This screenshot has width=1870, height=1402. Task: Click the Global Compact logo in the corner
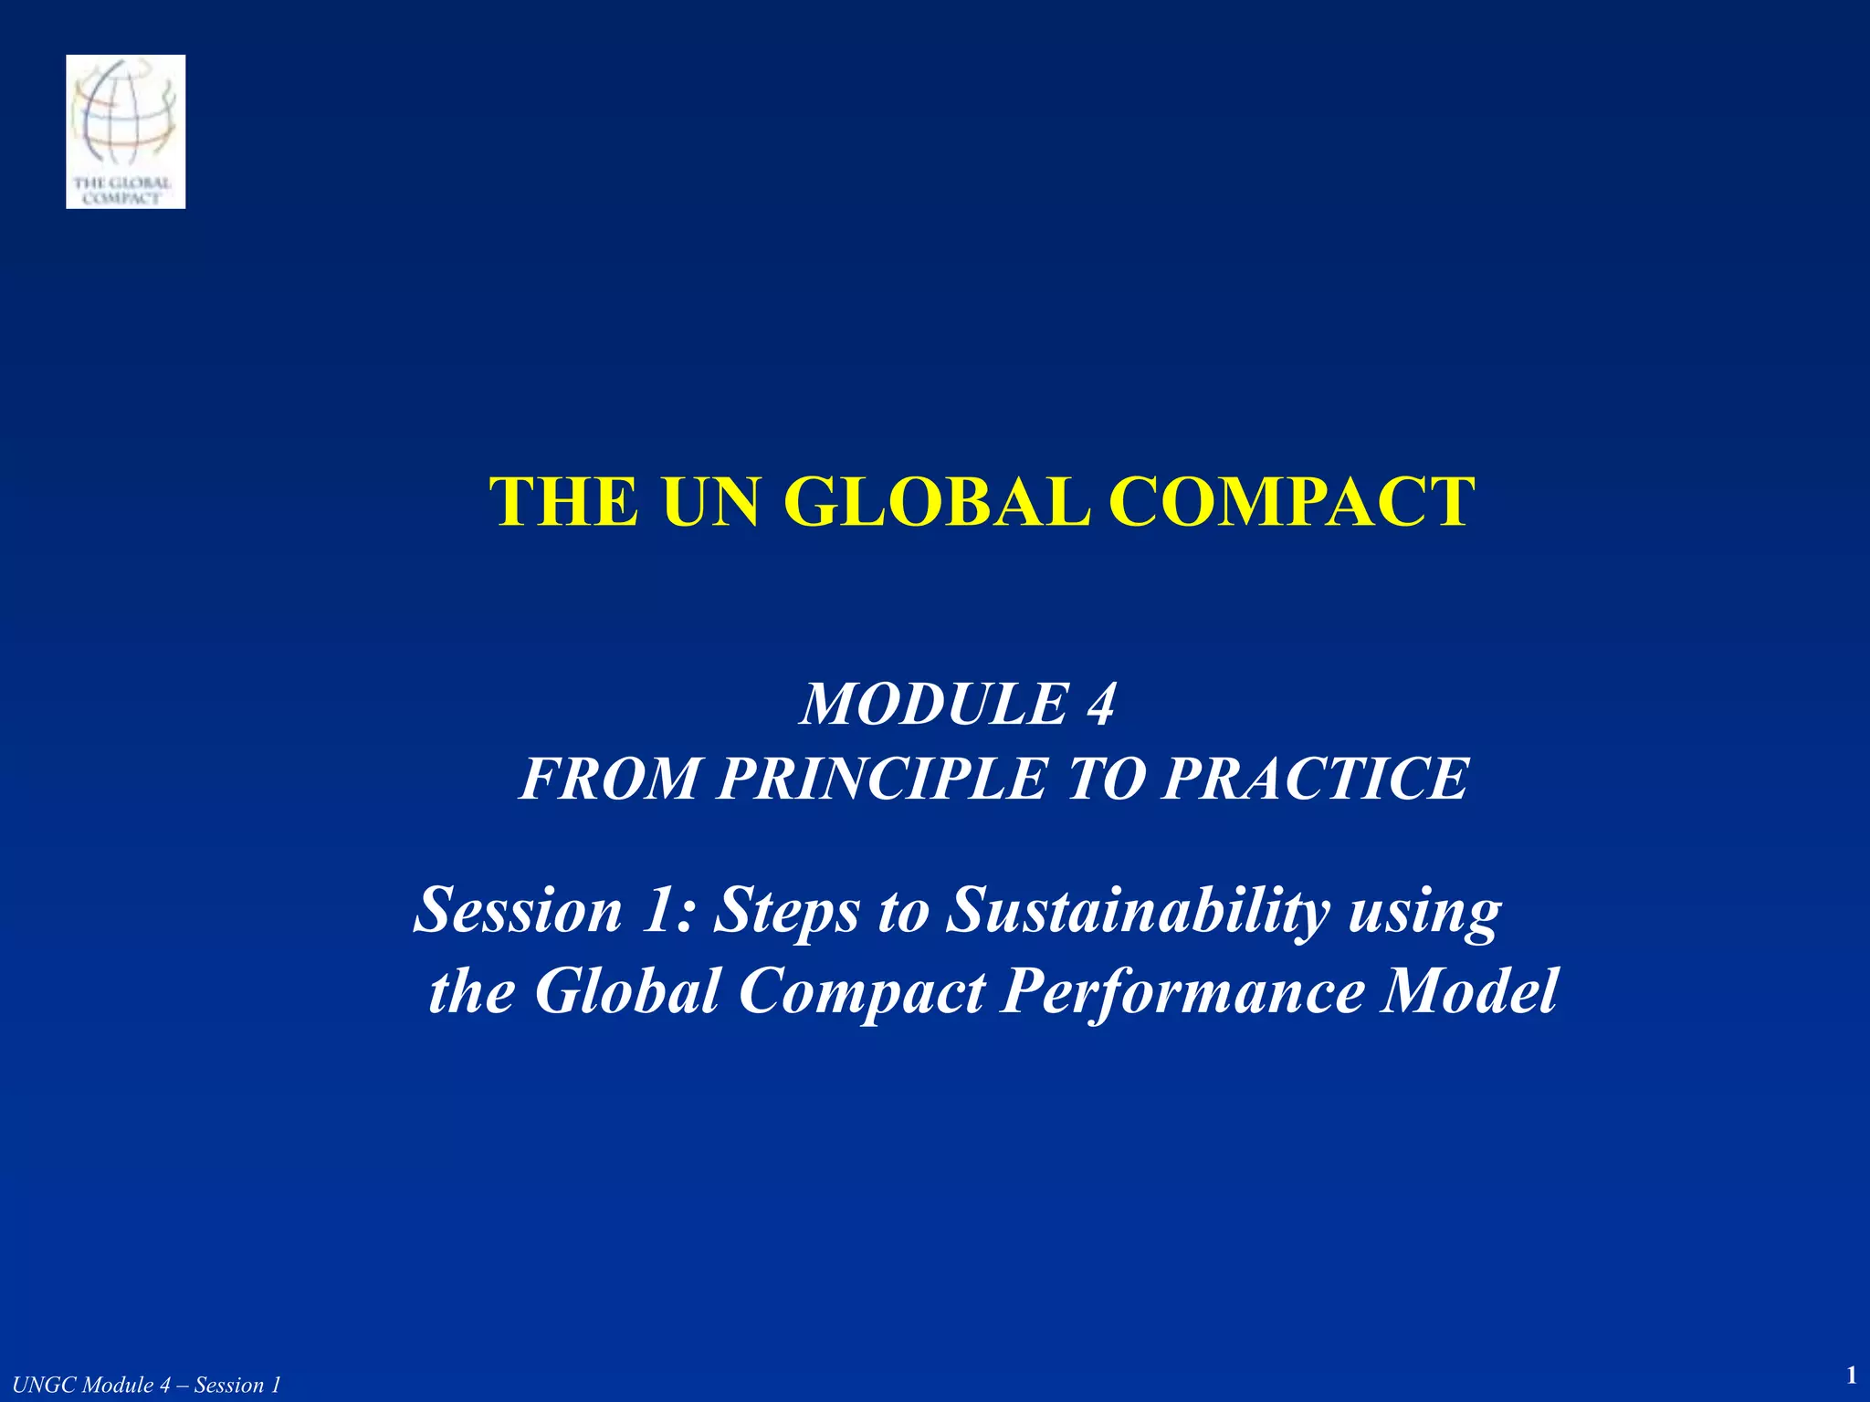tap(126, 131)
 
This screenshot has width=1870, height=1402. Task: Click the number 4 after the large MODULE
tap(1100, 705)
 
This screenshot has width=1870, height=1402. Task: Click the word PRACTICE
tap(1315, 779)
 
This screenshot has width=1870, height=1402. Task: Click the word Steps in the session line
tap(786, 911)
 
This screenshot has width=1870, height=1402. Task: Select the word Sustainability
tap(1137, 911)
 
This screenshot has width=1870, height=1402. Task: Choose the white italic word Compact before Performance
tap(861, 991)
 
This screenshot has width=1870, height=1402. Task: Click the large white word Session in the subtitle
tap(518, 911)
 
